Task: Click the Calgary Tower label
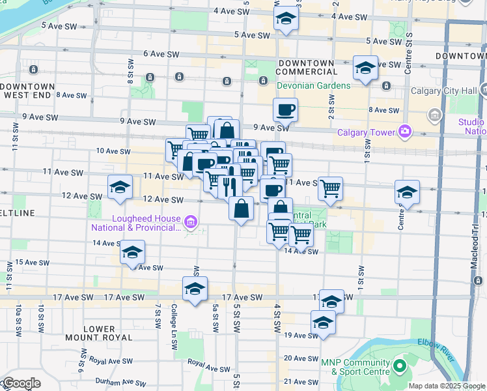[366, 133]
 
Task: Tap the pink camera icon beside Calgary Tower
[405, 132]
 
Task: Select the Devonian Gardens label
[304, 85]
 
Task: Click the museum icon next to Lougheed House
[191, 223]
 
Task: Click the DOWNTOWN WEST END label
[28, 91]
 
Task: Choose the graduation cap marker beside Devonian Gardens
[365, 68]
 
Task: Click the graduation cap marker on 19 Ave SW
[323, 324]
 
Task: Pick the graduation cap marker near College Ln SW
[195, 290]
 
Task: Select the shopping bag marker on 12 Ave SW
[241, 210]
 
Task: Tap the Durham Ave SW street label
[118, 380]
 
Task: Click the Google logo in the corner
[21, 383]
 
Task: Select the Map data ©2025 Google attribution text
[447, 386]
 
